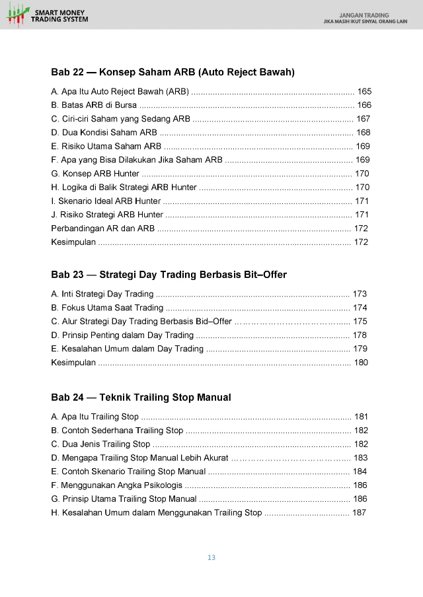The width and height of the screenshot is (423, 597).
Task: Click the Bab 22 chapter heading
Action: (173, 71)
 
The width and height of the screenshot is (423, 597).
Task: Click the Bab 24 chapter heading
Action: (141, 398)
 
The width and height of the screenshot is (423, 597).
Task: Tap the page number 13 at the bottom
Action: (211, 557)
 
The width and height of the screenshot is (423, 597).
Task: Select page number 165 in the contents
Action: (364, 90)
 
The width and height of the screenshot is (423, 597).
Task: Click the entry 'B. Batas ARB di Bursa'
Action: (94, 105)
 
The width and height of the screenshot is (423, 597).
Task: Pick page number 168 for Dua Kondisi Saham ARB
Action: (363, 133)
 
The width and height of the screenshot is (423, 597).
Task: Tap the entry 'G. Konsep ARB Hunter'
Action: (95, 174)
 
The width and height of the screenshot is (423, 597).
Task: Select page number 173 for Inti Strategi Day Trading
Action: (360, 294)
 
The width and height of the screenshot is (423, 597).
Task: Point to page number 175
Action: (360, 322)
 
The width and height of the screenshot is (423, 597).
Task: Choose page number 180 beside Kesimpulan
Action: (361, 363)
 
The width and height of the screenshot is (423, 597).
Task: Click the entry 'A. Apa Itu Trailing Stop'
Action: (95, 417)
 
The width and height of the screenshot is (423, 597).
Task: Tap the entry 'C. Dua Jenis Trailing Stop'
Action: (100, 444)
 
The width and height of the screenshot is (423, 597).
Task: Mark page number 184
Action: (360, 472)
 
